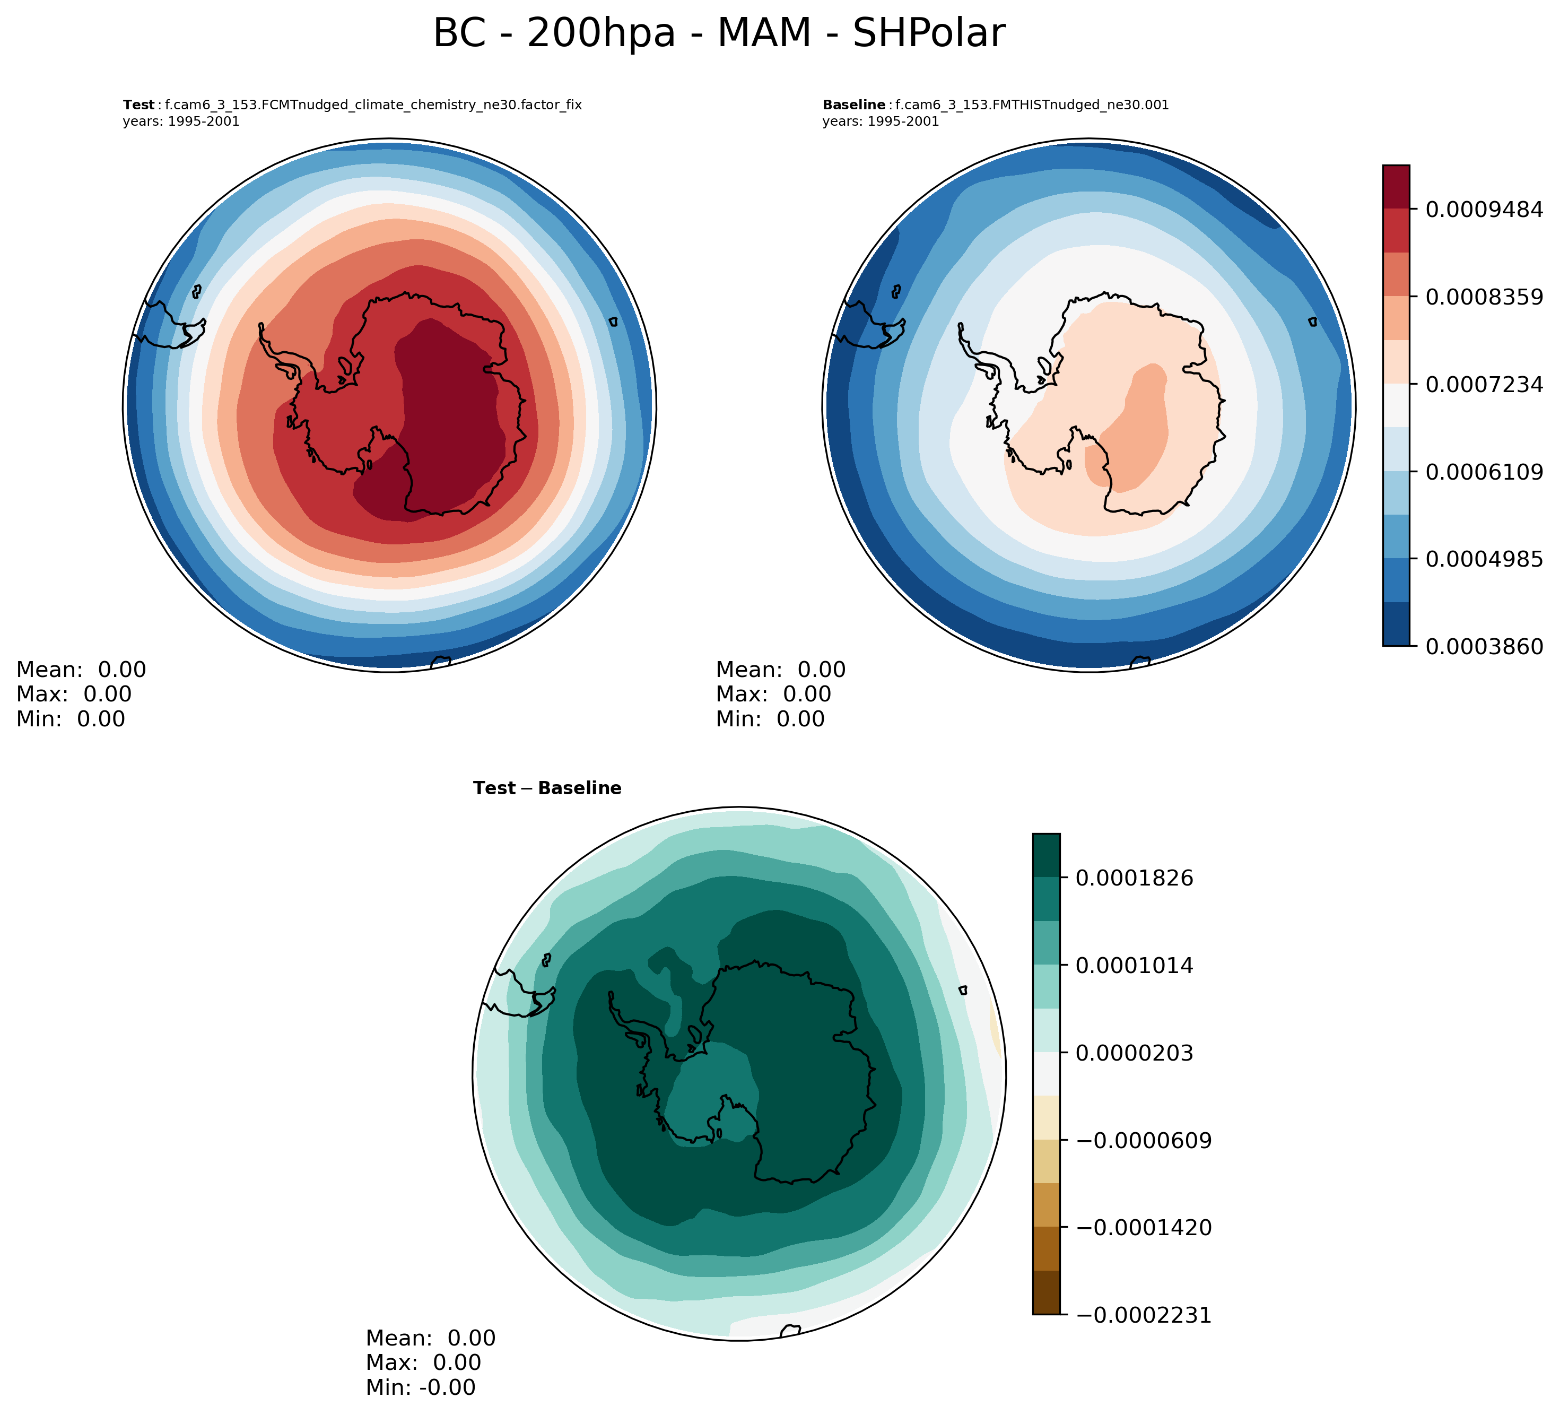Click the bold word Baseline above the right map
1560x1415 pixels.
click(853, 105)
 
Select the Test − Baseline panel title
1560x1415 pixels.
click(547, 788)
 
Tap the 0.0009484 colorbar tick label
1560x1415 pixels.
click(1484, 209)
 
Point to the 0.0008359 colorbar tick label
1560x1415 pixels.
click(1484, 297)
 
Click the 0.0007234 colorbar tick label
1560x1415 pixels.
click(1484, 384)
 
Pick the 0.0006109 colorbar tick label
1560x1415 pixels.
click(1484, 472)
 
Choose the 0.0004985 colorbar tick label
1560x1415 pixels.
click(1484, 559)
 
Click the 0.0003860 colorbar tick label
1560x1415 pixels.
click(1484, 646)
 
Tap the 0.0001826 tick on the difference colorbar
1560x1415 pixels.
click(1134, 879)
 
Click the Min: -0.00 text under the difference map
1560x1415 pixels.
click(420, 1387)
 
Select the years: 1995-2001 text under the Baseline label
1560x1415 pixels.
click(880, 121)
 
